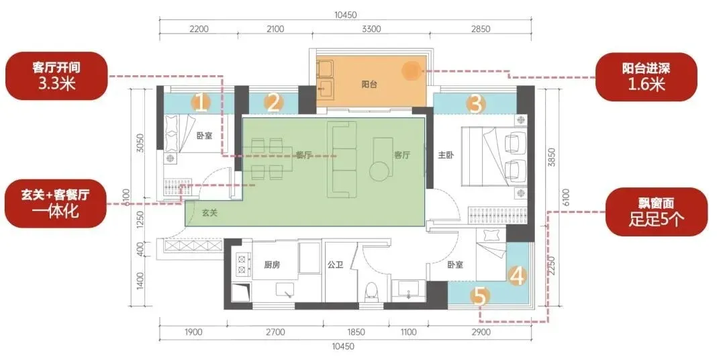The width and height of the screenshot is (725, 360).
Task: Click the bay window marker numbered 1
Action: coord(200,103)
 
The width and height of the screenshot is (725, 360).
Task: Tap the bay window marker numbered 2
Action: coord(273,103)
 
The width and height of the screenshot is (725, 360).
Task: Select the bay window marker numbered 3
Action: coord(475,104)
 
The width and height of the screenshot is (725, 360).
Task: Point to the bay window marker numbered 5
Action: coord(479,296)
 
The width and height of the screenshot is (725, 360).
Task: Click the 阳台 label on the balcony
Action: coord(369,85)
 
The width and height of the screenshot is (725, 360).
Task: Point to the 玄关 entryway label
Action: coord(209,214)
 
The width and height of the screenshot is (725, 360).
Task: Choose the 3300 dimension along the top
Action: coord(371,29)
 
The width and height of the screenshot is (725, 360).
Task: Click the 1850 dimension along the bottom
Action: coord(356,332)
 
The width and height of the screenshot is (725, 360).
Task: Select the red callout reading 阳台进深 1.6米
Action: coord(646,77)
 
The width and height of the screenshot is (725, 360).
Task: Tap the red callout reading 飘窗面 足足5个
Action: coord(657,212)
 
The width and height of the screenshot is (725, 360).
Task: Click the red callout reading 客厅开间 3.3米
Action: coord(56,76)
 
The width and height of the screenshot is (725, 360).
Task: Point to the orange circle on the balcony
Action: coord(411,71)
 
